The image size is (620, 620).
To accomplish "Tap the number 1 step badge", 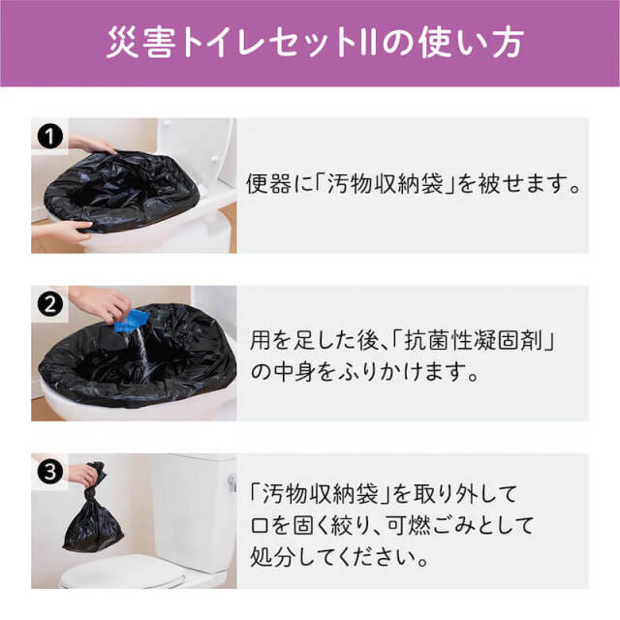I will pos(46,137).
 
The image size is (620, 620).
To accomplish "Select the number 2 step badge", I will pos(46,302).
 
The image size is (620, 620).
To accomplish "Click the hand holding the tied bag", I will pos(85,475).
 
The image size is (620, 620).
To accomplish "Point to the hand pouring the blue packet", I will pos(97,302).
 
